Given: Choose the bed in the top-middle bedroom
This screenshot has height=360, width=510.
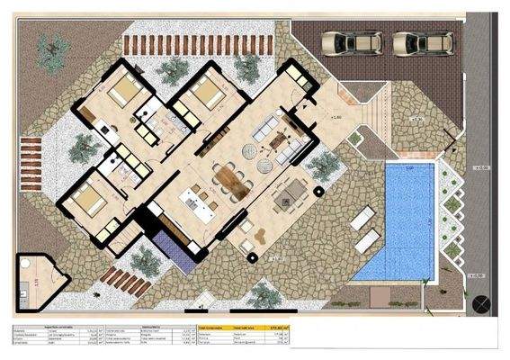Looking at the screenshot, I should click(x=205, y=92).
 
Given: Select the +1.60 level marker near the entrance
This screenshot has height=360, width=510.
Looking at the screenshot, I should click(x=335, y=116).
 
